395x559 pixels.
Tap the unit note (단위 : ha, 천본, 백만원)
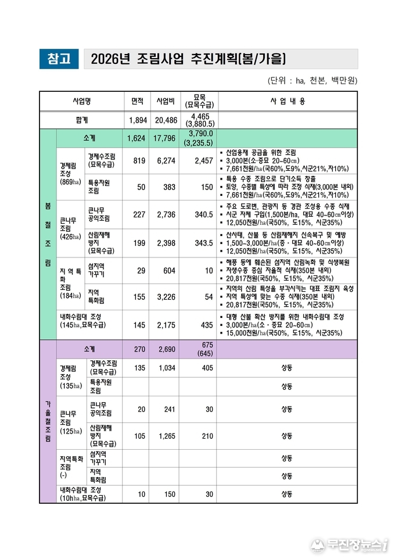tap(312, 80)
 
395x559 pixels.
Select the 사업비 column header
tap(163, 101)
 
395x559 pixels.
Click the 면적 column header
tap(137, 101)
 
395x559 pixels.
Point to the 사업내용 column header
tap(288, 101)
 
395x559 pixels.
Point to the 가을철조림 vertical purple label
tap(47, 422)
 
